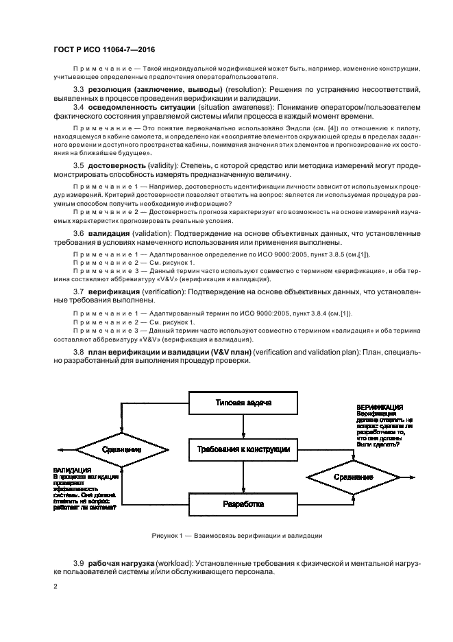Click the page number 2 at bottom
click(56, 586)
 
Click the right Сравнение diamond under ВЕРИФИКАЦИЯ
click(354, 475)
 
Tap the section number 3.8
click(79, 352)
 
